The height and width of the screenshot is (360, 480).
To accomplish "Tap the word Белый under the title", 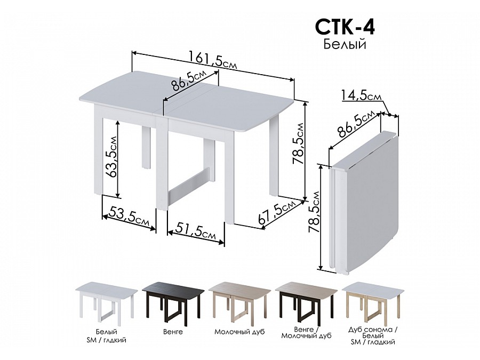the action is click(x=345, y=44).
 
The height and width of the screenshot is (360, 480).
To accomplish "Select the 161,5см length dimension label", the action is click(x=213, y=60).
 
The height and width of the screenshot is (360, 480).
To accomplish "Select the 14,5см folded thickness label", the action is click(x=362, y=95).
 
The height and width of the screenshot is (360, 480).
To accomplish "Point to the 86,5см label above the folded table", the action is click(x=356, y=124).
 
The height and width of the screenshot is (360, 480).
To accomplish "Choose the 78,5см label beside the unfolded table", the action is click(x=298, y=143).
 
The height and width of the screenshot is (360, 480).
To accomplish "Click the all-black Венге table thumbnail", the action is click(x=173, y=301).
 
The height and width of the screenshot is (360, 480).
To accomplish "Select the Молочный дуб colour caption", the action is click(x=239, y=332).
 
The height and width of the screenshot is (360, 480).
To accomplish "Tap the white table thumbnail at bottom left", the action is click(x=106, y=301).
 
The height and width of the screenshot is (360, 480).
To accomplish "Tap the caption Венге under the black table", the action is click(x=173, y=332).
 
